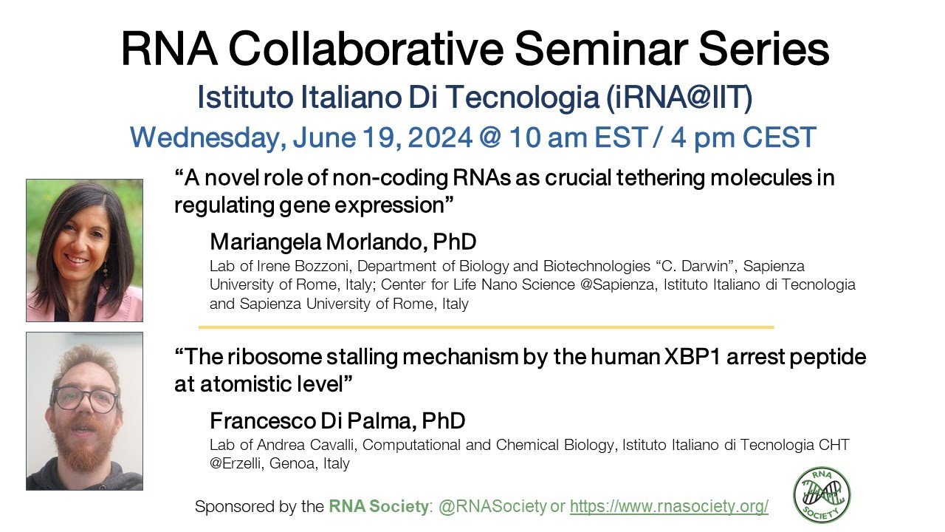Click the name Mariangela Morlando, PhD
[343, 242]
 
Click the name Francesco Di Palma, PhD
[337, 421]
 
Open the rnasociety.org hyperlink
[669, 506]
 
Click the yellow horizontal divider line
[486, 327]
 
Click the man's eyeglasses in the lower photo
[86, 400]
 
